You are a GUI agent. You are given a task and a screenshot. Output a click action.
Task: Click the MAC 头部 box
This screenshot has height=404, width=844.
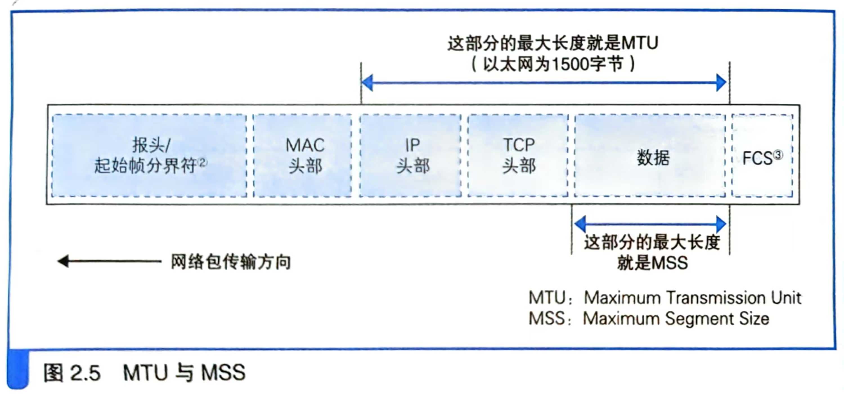pos(303,155)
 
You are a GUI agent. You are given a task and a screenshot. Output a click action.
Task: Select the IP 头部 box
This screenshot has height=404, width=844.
pos(410,155)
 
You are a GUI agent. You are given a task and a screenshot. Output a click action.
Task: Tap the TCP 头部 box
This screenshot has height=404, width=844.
pos(518,155)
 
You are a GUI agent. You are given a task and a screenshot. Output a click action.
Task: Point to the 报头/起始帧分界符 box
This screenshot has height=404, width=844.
pos(149,155)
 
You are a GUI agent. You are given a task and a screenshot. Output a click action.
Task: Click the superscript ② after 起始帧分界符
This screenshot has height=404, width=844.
pos(202,162)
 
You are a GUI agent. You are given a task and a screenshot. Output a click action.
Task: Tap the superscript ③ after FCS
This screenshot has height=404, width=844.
pos(778,155)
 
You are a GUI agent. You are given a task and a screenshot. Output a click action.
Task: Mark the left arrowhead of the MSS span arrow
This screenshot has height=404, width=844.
pos(580,224)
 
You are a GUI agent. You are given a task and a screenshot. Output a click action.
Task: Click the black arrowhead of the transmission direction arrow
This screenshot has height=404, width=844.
pos(63,261)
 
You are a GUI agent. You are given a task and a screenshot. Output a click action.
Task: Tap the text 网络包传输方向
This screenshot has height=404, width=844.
pos(231,262)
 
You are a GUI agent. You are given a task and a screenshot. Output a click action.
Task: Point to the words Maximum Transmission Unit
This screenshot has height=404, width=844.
pos(692,298)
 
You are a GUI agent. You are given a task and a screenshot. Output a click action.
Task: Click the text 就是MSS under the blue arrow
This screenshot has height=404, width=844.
pos(652,263)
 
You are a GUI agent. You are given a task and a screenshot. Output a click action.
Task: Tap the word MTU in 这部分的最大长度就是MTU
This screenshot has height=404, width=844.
pos(639,43)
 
